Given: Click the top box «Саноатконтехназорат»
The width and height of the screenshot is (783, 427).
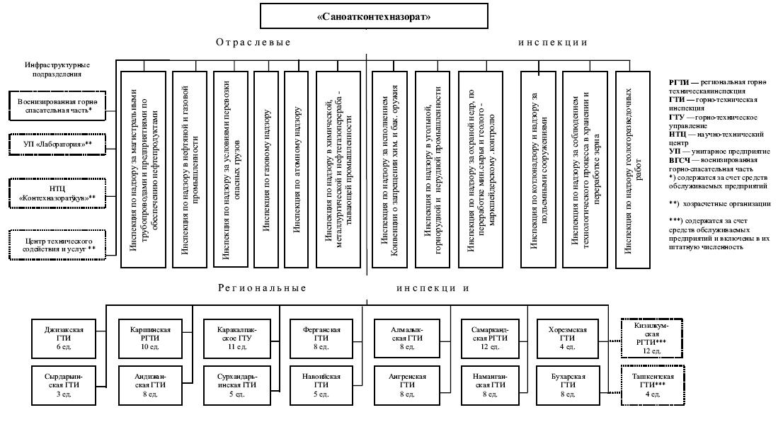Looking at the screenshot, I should [x=374, y=16].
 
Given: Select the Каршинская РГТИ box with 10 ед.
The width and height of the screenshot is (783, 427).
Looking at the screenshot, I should [x=149, y=338].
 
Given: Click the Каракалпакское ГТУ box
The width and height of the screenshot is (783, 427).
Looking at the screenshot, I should [x=235, y=338].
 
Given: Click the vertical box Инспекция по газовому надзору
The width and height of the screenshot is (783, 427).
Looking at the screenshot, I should [x=266, y=170].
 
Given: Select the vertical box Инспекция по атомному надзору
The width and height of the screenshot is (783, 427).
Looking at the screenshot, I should [x=297, y=170].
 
